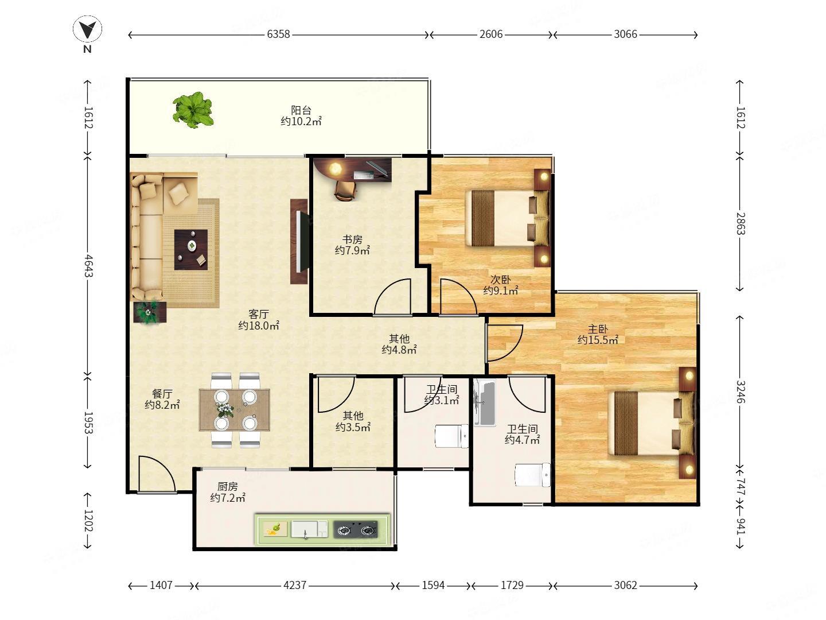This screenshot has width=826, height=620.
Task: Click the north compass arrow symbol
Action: point(87,29)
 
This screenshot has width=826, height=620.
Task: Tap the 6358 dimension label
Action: point(278,34)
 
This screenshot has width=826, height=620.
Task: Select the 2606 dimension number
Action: point(490,34)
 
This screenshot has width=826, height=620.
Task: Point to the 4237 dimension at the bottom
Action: point(295,586)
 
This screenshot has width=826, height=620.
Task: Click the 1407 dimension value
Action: point(161,586)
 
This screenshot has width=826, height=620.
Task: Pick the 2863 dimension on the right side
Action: point(740,224)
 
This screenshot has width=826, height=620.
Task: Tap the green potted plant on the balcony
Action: point(193,110)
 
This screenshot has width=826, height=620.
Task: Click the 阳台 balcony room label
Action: point(301,110)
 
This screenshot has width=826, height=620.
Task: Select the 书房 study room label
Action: point(352,239)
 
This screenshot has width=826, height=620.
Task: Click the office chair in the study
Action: point(345,191)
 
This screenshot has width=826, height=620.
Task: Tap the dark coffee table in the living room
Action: point(191,250)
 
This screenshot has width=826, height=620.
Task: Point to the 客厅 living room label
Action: point(259,315)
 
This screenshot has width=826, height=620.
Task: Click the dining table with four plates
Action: point(235,410)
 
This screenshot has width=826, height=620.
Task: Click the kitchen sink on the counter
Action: point(309,529)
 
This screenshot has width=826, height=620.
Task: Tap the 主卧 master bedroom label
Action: point(598,330)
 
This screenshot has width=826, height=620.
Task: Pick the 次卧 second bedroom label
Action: point(501,280)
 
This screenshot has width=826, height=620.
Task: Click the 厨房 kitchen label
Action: point(228,487)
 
